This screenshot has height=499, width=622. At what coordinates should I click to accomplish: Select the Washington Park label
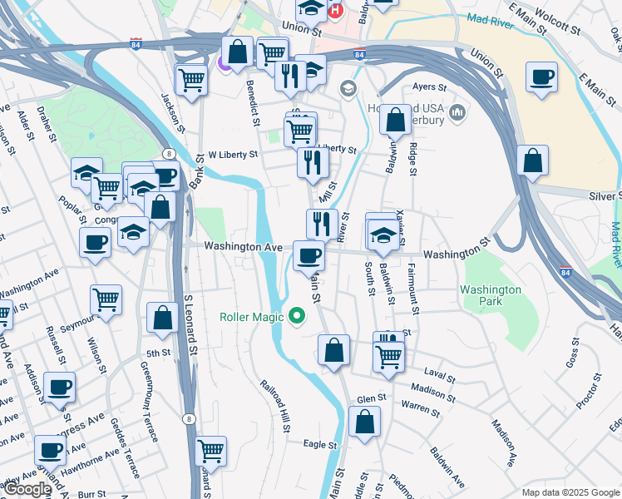coord(491,296)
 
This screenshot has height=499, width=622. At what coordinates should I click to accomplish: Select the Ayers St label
coord(430,86)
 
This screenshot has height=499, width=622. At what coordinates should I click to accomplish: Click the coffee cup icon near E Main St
coord(541,77)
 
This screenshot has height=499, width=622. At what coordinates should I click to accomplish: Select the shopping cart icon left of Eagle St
coord(211,452)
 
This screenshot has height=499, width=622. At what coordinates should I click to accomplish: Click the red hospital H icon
coord(335,11)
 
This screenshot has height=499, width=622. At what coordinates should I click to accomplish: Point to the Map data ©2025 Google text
coord(570,492)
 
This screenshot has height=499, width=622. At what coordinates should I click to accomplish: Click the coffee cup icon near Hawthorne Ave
coord(50,451)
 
